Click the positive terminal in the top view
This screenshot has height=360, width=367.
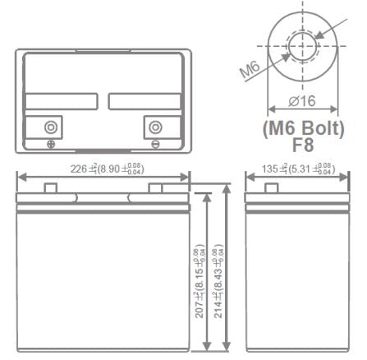point(51,127)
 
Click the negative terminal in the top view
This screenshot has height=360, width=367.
point(154,127)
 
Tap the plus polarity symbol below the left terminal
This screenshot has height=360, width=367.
point(51,145)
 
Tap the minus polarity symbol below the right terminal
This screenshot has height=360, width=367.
point(154,145)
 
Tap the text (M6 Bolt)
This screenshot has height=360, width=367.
point(303,129)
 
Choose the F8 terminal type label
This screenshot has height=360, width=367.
point(303,148)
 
